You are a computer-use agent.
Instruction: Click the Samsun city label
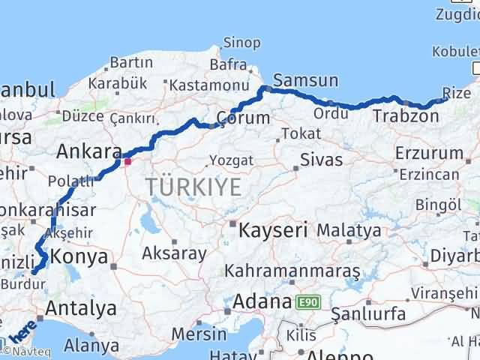coord(306,80)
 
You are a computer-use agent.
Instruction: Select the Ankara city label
coord(88,152)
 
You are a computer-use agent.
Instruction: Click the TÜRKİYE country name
coord(193,187)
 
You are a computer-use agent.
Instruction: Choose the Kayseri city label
coord(273,230)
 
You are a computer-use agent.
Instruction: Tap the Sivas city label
coord(321,160)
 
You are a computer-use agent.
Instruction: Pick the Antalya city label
coord(81,308)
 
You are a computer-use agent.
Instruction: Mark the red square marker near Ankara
coord(127,160)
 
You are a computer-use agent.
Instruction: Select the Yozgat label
coord(232,160)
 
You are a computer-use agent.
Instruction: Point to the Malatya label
coord(348,230)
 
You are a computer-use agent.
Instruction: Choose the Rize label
coord(457,92)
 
